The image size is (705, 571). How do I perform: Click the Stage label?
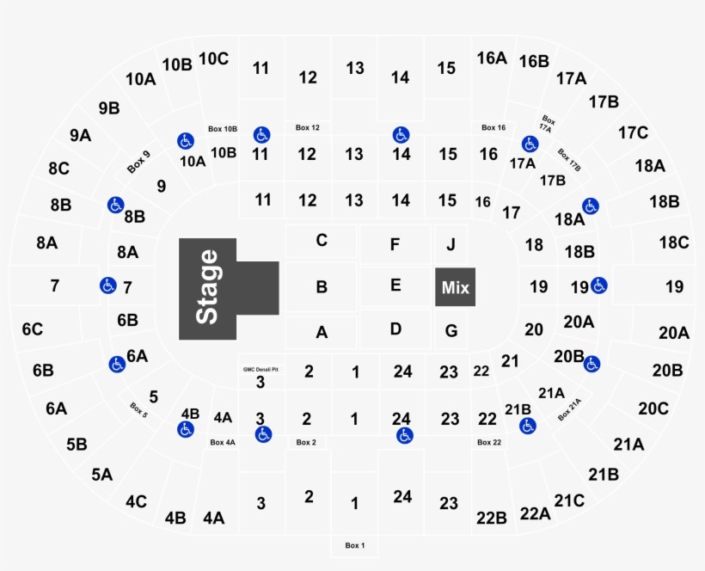[x=208, y=287]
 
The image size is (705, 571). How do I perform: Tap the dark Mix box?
[x=455, y=287]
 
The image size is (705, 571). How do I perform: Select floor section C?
[x=321, y=240]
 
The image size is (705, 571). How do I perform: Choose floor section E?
[x=395, y=285]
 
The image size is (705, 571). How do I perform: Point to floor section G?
[x=451, y=330]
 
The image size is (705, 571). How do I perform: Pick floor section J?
[x=451, y=244]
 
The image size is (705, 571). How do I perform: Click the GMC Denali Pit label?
[x=260, y=369]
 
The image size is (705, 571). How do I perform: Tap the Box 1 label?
[x=355, y=545]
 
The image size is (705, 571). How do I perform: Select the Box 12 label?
[x=308, y=127]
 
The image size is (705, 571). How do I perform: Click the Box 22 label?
[x=489, y=442]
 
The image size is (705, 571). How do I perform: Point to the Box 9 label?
[x=138, y=162]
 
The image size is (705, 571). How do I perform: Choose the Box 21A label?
[x=569, y=409]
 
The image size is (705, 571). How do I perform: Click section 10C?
[x=213, y=58]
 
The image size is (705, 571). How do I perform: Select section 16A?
[x=492, y=58]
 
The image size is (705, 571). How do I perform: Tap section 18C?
[x=673, y=243]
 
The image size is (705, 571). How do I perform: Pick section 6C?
[x=33, y=328]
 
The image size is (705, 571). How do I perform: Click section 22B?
[x=491, y=518]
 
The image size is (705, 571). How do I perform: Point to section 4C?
[x=136, y=500]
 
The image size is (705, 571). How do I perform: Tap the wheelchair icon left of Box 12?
[x=262, y=135]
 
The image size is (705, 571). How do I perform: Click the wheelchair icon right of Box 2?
[x=404, y=436]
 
